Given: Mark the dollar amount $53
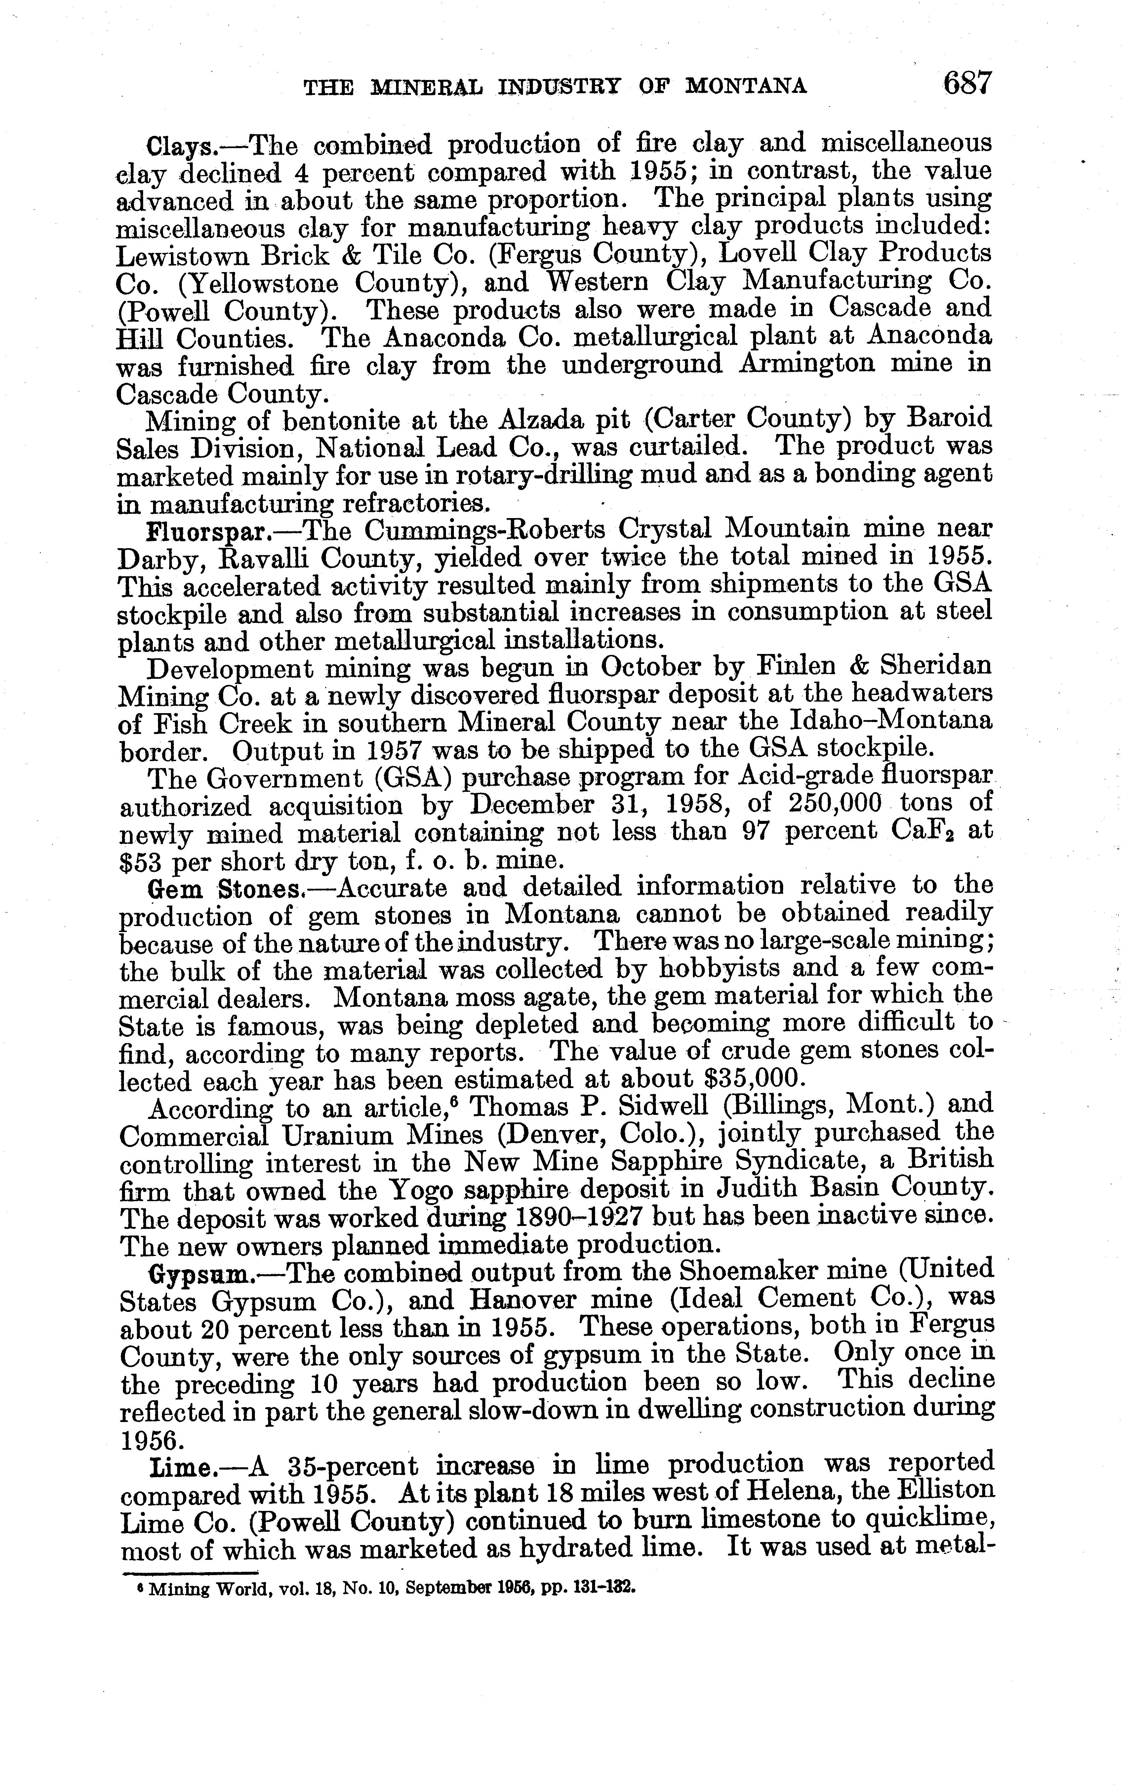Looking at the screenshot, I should point(141,861).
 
